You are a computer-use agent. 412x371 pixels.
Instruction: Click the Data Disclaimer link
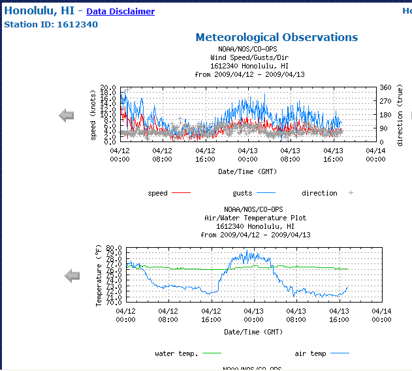(x=120, y=12)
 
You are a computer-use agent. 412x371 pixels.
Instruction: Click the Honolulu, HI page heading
(x=39, y=11)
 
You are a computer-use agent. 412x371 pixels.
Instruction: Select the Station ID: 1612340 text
(x=51, y=25)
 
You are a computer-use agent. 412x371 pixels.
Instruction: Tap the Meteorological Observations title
(x=276, y=37)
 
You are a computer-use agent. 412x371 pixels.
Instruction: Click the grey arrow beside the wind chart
(x=67, y=115)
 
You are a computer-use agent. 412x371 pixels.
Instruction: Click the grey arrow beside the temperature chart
(x=72, y=276)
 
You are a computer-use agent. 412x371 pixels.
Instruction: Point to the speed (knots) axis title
(x=93, y=115)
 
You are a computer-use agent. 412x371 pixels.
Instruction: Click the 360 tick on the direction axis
(x=385, y=88)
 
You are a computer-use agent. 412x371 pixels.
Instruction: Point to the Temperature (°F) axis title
(x=99, y=276)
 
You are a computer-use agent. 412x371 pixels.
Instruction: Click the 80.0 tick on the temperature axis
(x=114, y=248)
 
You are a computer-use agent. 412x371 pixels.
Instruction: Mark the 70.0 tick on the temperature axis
(x=114, y=302)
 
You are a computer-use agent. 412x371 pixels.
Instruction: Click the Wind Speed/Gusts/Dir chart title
(x=249, y=57)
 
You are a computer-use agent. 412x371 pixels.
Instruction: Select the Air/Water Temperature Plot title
(x=255, y=218)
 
